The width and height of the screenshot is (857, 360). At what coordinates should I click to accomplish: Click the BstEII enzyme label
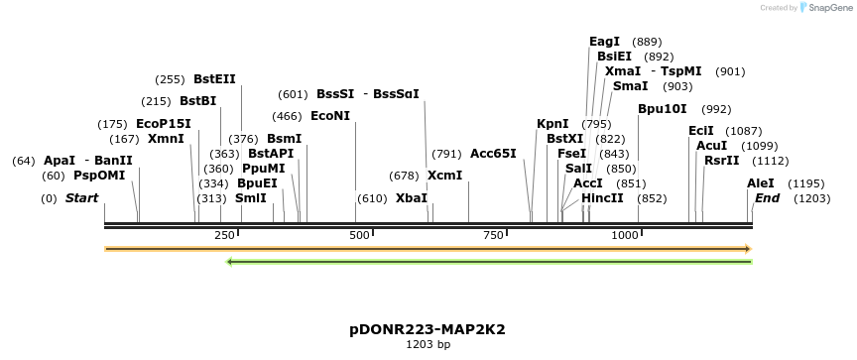tap(214, 79)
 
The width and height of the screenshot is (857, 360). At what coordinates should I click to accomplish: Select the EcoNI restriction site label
tap(330, 116)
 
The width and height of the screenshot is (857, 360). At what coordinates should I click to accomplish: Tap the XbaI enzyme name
tap(412, 198)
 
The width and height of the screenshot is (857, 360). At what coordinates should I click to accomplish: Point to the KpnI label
tap(552, 124)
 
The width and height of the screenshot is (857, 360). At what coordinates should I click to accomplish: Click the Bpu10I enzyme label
tap(663, 109)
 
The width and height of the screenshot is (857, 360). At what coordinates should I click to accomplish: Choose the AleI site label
tap(761, 183)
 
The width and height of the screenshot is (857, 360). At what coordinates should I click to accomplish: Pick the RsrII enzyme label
tap(722, 161)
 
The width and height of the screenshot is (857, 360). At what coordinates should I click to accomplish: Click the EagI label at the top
tap(604, 42)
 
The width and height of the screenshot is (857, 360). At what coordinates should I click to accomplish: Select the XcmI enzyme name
tap(445, 176)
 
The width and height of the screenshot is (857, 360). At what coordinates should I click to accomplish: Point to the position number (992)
tap(715, 109)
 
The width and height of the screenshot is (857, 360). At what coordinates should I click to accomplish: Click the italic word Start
tap(81, 198)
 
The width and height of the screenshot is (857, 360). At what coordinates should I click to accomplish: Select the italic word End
tap(767, 198)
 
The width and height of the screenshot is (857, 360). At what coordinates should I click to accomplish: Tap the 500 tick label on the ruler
tap(360, 235)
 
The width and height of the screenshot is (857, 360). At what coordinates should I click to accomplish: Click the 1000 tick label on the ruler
tap(625, 235)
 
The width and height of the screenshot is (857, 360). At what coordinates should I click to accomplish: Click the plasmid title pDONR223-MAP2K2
tap(428, 329)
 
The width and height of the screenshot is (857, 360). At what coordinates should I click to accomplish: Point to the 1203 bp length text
tap(428, 345)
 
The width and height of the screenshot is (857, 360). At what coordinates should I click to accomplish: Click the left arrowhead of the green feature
tap(230, 262)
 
